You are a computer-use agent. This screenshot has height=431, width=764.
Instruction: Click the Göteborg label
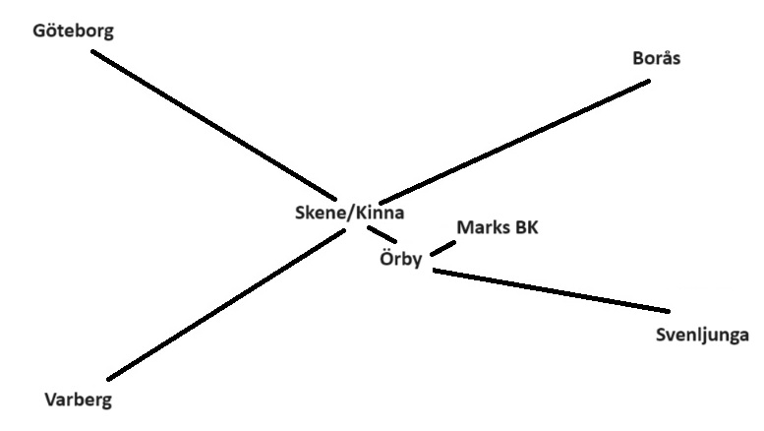73,31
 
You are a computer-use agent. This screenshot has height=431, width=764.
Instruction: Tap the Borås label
656,58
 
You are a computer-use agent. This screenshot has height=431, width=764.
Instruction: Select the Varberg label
79,400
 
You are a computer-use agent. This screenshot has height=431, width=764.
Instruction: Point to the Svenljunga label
702,336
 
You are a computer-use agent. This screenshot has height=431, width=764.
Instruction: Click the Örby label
401,261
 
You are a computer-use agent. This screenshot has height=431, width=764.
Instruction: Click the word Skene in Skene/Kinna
318,213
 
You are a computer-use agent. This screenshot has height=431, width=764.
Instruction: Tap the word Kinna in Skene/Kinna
378,213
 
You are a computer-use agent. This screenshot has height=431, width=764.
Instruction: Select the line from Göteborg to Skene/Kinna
216,124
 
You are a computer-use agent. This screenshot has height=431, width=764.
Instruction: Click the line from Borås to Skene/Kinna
511,141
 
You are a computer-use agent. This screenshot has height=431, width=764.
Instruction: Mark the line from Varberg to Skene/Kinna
226,305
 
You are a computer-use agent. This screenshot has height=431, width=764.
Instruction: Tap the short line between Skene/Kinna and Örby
382,235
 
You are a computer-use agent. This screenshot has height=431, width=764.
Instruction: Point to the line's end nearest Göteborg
93,51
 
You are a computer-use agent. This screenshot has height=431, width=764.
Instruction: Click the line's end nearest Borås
649,81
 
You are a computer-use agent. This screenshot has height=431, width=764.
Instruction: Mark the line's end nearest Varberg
109,378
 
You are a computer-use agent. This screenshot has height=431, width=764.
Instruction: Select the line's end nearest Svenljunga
669,311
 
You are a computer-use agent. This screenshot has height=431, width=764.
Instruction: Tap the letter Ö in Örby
386,260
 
